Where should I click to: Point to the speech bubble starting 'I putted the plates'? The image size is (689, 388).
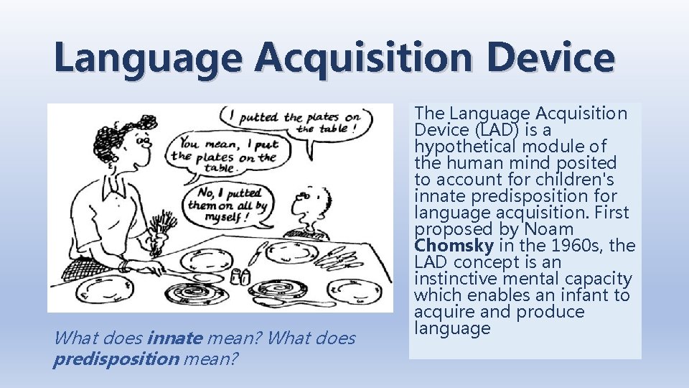[x=295, y=121]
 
